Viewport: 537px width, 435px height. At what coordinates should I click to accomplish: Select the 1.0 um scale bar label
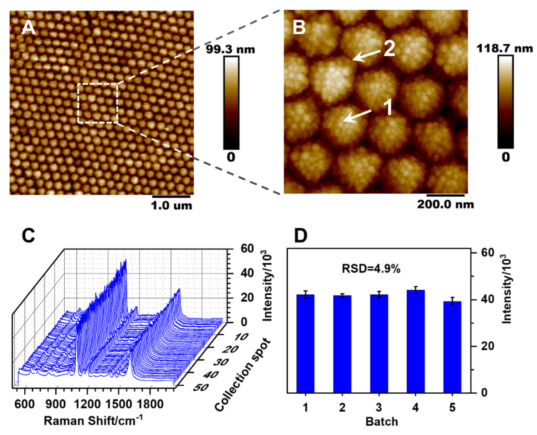171,206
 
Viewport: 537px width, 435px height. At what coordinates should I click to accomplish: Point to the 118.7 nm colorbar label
504,48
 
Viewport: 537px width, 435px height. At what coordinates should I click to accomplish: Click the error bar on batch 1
305,294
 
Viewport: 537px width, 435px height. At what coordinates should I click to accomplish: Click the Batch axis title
382,422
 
